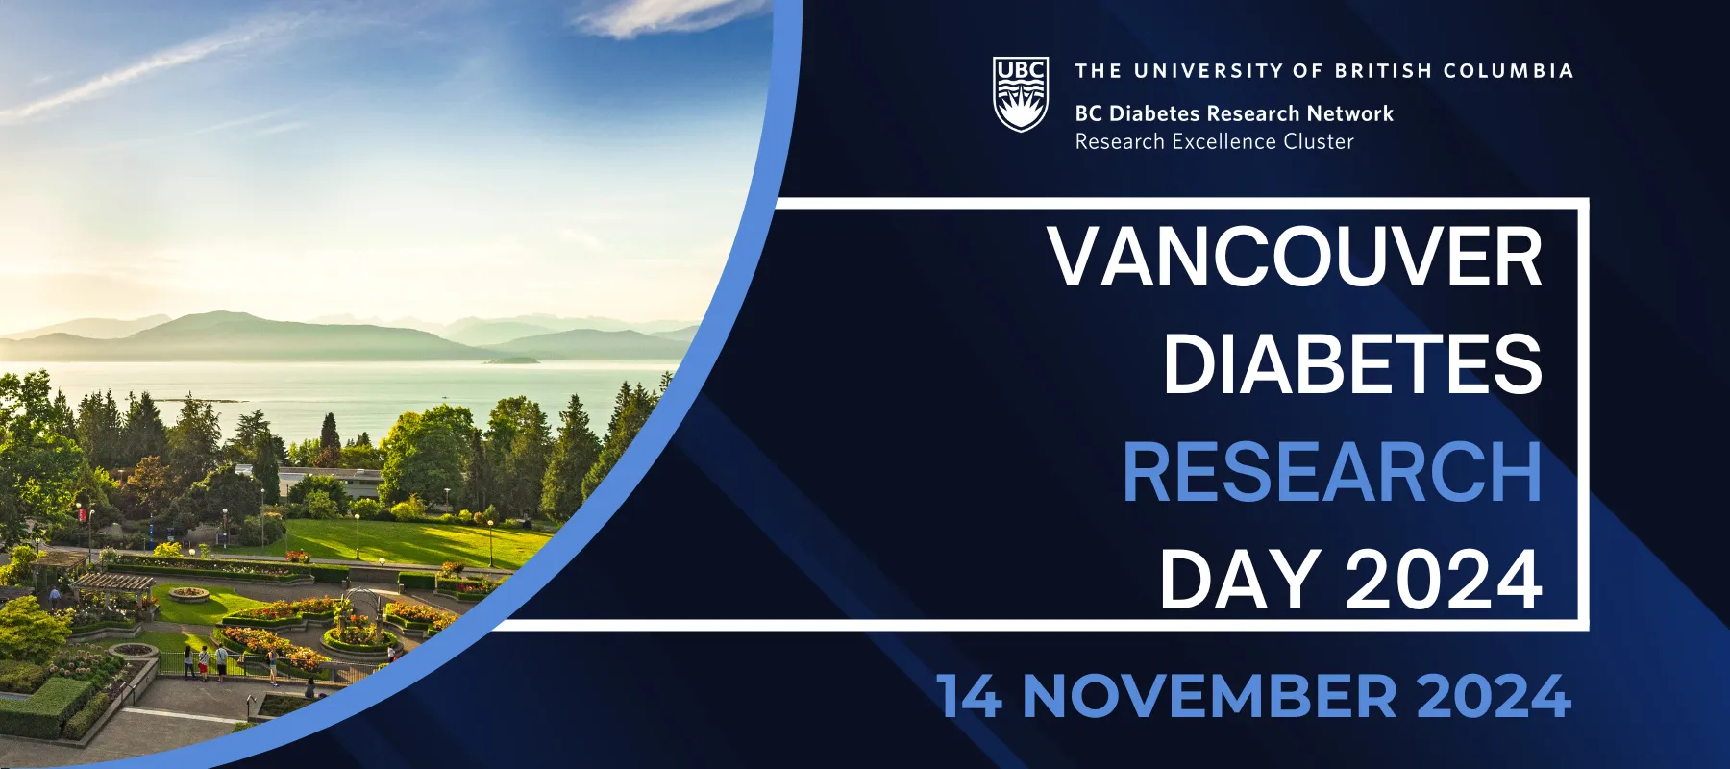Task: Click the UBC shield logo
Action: pyautogui.click(x=1021, y=94)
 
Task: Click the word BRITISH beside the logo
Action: pyautogui.click(x=1384, y=71)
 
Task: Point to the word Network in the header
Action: pyautogui.click(x=1349, y=113)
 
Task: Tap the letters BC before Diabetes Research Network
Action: pyautogui.click(x=1089, y=113)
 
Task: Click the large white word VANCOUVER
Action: pyautogui.click(x=1296, y=257)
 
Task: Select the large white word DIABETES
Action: pyautogui.click(x=1353, y=364)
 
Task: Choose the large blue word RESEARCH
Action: pyautogui.click(x=1332, y=472)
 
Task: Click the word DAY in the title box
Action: pyautogui.click(x=1239, y=580)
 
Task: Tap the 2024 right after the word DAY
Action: pyautogui.click(x=1444, y=580)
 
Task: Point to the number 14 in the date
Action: pyautogui.click(x=969, y=696)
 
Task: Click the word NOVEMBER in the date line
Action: pyautogui.click(x=1209, y=696)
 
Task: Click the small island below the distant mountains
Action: pyautogui.click(x=511, y=360)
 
